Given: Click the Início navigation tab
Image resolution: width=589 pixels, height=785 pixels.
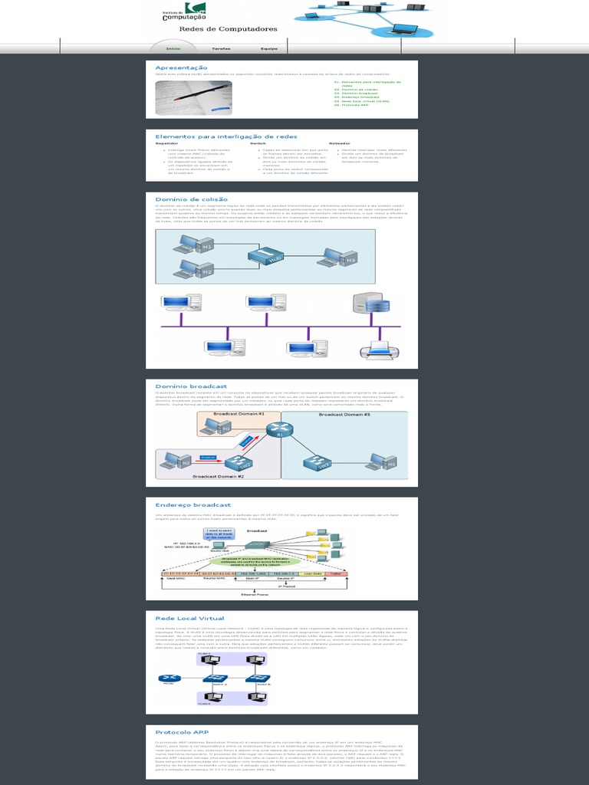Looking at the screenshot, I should pos(173,48).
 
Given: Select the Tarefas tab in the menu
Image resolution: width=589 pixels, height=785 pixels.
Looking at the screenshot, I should pos(221,48).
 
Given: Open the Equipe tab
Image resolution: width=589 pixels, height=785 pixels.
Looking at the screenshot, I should pos(268,48).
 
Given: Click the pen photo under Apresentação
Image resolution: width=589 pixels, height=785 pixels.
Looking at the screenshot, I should pos(194,97).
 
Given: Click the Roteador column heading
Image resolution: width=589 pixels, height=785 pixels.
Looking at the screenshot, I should pos(340,143).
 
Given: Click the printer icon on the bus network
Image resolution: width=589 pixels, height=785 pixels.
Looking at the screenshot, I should pos(380,350).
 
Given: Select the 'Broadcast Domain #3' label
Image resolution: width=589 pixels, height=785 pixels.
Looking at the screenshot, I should pos(344,415).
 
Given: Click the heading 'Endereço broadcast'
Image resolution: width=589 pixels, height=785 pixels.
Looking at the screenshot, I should pos(192,505).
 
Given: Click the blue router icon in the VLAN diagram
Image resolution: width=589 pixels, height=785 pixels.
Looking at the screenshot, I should pos(168,679).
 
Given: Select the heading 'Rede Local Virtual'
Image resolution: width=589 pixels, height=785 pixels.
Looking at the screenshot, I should pos(189,618).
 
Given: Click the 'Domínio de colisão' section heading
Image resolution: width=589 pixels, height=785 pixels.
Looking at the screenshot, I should pos(191,199).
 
